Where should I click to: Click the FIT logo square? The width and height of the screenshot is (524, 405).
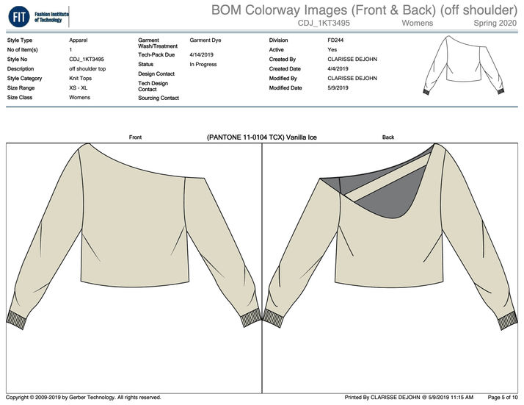[18, 15]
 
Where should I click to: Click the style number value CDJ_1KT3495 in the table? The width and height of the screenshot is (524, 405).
[87, 59]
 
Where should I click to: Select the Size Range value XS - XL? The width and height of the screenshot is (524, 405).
[79, 87]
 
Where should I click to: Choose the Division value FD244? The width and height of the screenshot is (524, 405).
[336, 40]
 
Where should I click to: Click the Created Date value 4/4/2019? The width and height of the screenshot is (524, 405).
[341, 68]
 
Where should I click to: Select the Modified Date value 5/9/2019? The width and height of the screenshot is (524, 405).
[341, 87]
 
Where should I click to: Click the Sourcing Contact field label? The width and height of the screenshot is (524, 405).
[159, 98]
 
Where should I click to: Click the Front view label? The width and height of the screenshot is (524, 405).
[135, 137]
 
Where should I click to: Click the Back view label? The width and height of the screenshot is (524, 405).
[388, 137]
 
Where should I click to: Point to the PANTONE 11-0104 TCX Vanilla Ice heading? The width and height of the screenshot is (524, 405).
[262, 137]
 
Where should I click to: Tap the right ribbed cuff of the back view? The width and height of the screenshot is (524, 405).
[506, 321]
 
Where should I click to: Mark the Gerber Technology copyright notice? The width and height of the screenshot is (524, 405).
[84, 398]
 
